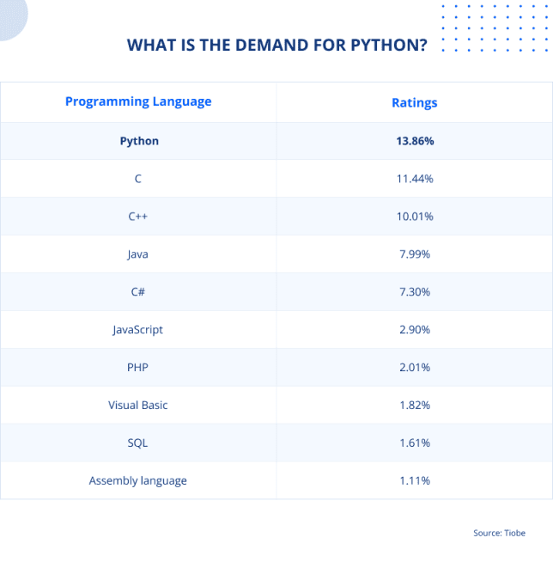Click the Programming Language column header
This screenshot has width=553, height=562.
138,101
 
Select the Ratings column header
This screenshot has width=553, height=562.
414,102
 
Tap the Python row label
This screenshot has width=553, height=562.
139,141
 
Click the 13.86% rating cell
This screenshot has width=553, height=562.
415,141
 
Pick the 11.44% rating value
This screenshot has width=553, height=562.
415,179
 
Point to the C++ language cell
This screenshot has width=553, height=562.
138,217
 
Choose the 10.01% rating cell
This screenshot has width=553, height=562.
415,217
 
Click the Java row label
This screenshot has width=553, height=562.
138,254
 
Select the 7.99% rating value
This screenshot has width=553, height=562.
415,254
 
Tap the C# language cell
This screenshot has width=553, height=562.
138,292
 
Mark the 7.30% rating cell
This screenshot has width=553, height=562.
415,292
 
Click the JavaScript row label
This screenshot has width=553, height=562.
137,330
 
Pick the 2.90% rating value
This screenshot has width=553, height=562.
415,330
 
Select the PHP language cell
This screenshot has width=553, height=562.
138,368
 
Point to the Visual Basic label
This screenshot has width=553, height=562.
138,406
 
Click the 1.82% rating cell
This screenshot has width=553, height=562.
415,406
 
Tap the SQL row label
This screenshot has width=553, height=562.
138,443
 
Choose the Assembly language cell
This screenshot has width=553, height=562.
138,481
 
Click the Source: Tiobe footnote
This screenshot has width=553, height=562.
499,534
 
